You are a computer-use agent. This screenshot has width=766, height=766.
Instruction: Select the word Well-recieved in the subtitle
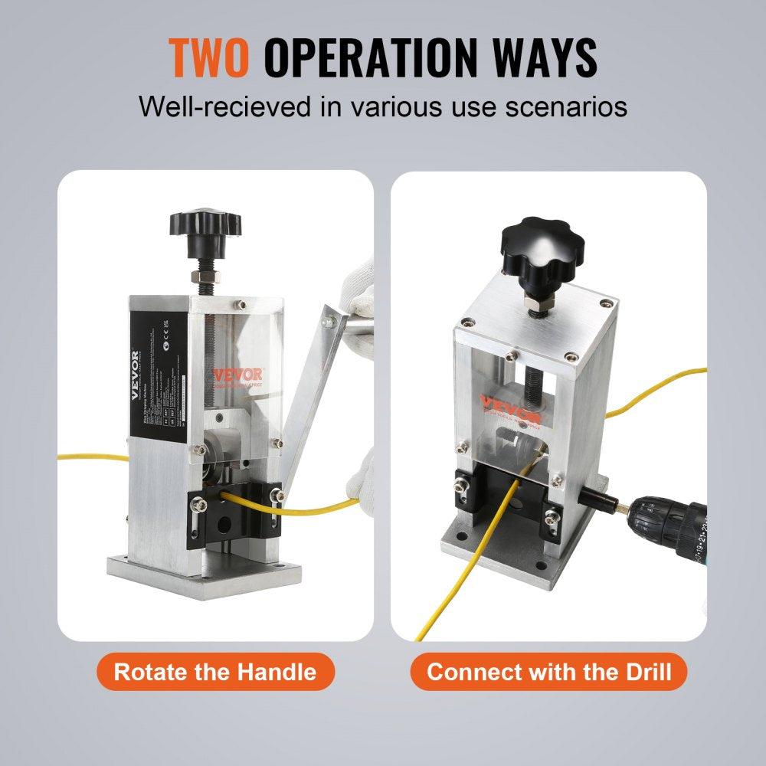225,106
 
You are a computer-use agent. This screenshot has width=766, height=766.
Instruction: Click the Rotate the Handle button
214,673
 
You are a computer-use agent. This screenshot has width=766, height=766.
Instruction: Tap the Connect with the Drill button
548,673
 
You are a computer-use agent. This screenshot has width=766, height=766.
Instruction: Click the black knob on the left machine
205,224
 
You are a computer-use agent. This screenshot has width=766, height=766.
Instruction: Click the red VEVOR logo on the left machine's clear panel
237,375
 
